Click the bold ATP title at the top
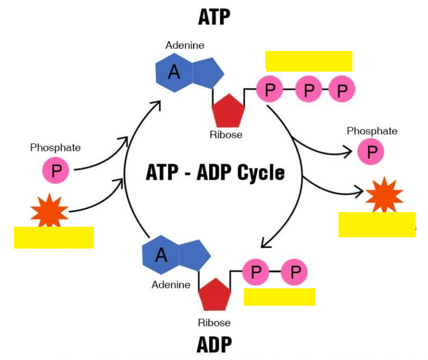click(214, 17)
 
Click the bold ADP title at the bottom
click(214, 345)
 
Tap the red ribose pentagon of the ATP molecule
click(228, 111)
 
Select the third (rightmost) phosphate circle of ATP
click(342, 90)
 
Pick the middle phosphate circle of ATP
click(308, 90)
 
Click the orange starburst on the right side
click(384, 194)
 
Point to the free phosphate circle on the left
click(56, 170)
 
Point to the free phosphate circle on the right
click(371, 151)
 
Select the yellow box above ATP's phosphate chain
click(309, 61)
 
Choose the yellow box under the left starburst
click(54, 237)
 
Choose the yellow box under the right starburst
click(377, 225)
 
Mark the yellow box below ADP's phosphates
click(280, 297)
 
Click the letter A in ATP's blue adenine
click(174, 72)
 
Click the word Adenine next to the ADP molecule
click(171, 284)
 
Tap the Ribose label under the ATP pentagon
click(226, 135)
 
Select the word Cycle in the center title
click(261, 172)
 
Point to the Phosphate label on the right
click(372, 131)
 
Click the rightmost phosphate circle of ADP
click(294, 272)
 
